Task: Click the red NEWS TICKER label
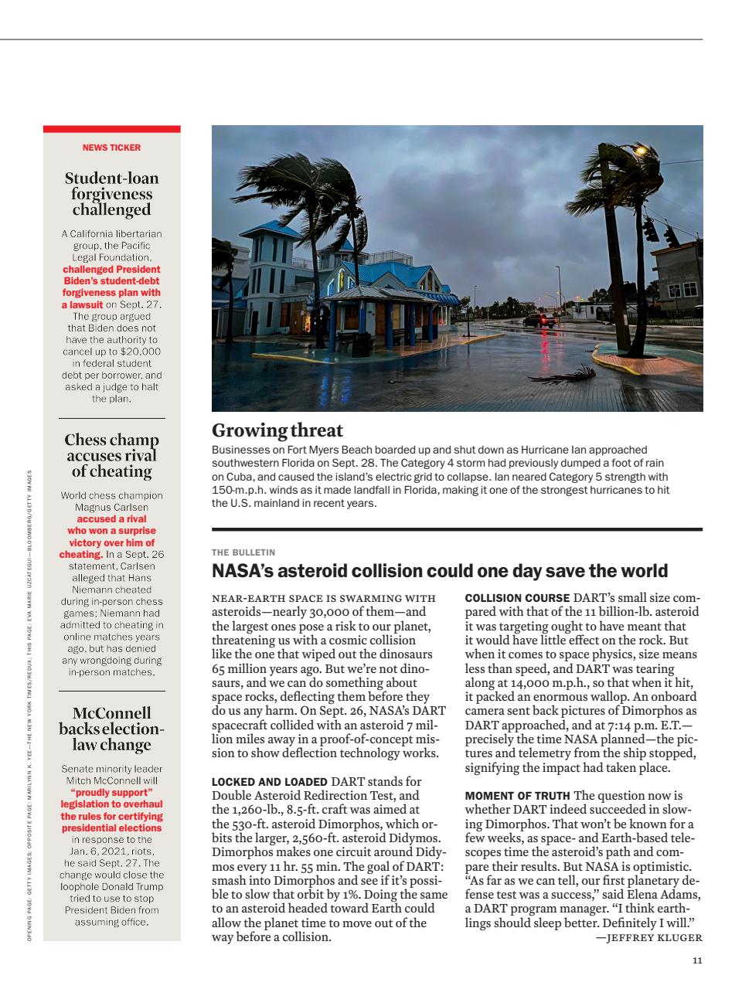coord(111,148)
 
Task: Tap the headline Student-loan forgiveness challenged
coord(111,194)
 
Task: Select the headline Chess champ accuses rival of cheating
coord(111,455)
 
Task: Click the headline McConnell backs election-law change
coord(111,729)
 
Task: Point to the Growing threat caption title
coord(277,430)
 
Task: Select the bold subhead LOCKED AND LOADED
coord(270,782)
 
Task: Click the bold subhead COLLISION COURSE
coord(516,598)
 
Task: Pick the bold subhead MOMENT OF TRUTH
coord(517,796)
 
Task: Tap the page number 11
coord(697,961)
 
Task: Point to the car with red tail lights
coord(539,320)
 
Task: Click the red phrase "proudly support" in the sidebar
coord(111,792)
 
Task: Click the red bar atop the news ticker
coord(111,129)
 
